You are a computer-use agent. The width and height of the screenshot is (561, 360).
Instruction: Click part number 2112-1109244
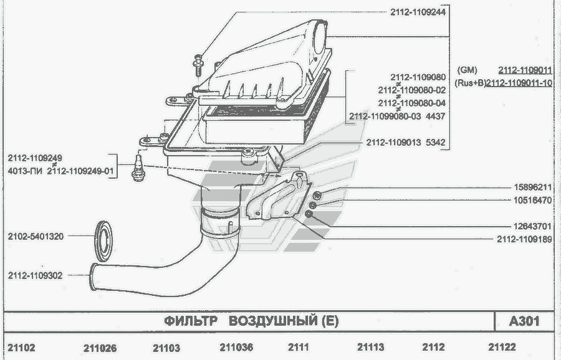[418, 12]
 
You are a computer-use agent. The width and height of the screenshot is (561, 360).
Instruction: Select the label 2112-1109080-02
[412, 90]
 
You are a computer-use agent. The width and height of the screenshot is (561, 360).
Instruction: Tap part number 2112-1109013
[393, 142]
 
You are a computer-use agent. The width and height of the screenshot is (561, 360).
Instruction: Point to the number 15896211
[533, 187]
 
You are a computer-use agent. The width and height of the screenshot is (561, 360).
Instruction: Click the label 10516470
[533, 200]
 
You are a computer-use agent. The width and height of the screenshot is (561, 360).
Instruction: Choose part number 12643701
[533, 226]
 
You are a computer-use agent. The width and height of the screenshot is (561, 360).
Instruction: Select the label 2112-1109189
[524, 239]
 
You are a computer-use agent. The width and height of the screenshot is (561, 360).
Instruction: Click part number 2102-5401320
[36, 236]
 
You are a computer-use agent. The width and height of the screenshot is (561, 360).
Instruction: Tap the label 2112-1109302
[35, 276]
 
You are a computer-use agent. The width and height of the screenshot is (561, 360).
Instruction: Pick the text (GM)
[467, 70]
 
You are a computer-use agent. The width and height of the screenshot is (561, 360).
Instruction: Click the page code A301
[524, 321]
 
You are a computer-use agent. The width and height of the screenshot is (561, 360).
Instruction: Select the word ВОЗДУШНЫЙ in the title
[272, 321]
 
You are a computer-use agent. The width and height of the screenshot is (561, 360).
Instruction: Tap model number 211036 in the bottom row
[236, 347]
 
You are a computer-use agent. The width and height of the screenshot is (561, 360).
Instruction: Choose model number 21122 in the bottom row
[502, 347]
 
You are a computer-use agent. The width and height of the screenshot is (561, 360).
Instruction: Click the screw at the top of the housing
[198, 65]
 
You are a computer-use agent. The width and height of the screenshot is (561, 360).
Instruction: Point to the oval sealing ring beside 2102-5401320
[103, 241]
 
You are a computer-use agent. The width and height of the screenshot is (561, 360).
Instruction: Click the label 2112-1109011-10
[519, 83]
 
